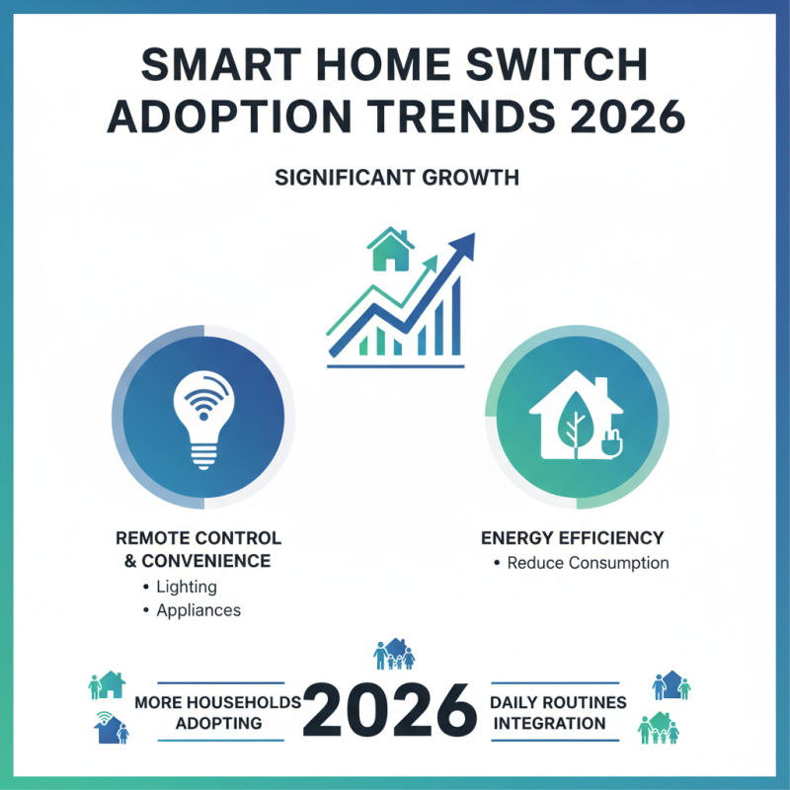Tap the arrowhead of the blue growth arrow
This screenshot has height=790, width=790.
coord(462,245)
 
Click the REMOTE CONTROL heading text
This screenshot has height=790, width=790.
coord(198,538)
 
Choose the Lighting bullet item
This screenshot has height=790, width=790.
coord(186,587)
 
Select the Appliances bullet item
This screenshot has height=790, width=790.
coord(197,610)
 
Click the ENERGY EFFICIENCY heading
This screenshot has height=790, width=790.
coord(572,538)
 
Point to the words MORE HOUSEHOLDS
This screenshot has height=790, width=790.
coord(217,702)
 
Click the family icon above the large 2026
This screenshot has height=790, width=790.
coord(394,654)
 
